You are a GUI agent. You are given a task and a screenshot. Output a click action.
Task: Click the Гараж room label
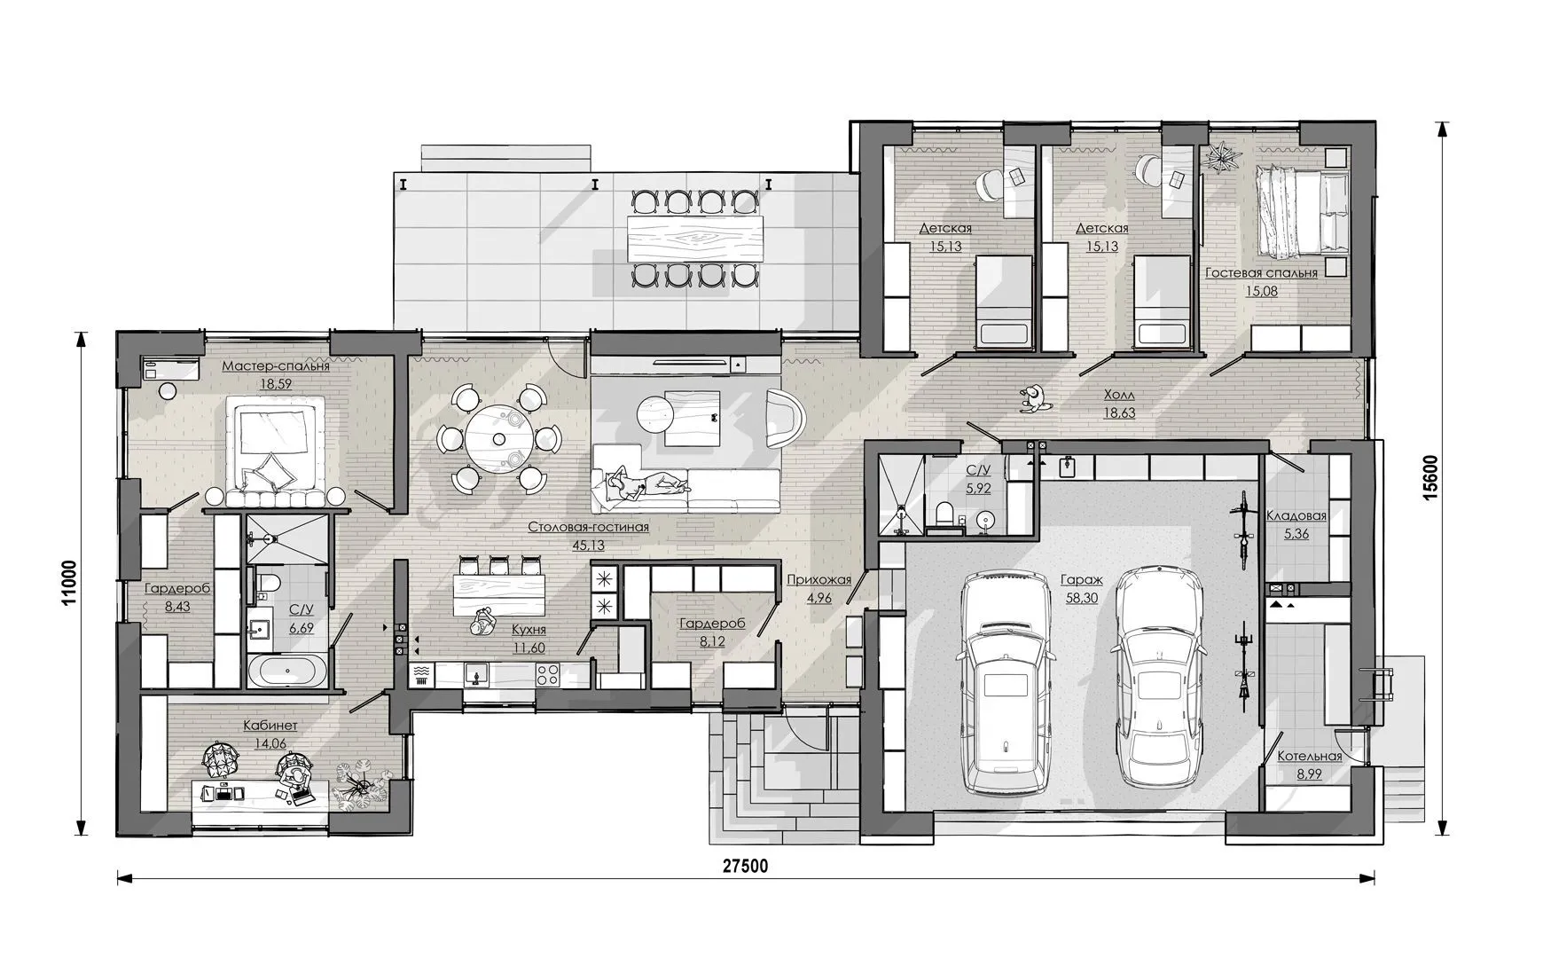point(1081,580)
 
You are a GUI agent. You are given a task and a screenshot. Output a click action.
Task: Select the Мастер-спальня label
point(276,366)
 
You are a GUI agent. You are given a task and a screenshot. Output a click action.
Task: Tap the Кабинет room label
point(270,726)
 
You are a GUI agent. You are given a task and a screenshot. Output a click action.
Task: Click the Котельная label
point(1309,757)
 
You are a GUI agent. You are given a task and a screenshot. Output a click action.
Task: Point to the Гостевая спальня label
point(1261,273)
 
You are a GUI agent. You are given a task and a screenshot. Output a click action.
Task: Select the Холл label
point(1119,396)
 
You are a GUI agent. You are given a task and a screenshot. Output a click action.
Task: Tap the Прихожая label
point(818,581)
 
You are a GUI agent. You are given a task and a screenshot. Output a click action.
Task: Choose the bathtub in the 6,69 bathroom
point(286,671)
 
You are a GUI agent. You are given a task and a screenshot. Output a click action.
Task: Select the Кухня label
point(529,630)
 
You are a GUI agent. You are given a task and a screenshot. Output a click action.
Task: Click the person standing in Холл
point(1032,398)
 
